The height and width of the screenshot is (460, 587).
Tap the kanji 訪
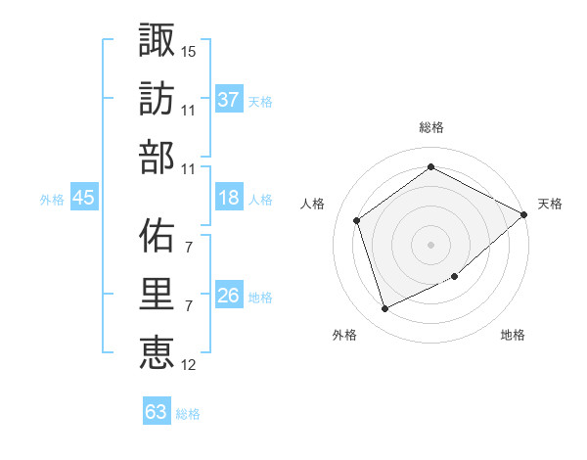tap(158, 97)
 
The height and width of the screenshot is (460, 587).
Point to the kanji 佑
tap(158, 234)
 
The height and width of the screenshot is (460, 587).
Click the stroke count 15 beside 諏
tap(189, 49)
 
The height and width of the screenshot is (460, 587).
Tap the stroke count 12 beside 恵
tap(189, 365)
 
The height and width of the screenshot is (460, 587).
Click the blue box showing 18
tap(229, 199)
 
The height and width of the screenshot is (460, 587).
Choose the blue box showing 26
tap(229, 296)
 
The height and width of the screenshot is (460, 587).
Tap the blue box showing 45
tap(83, 199)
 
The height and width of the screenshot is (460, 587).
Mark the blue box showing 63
tap(156, 412)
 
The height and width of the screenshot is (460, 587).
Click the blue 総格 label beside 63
tap(188, 414)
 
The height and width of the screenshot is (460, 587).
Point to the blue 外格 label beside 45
tap(52, 200)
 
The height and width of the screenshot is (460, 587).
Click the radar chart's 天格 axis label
tap(550, 204)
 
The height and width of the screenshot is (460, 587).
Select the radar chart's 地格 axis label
tap(513, 335)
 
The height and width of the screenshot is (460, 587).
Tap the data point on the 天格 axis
tap(523, 214)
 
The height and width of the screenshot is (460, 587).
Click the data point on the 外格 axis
tap(384, 309)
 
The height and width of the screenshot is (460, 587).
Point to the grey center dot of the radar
tap(430, 244)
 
